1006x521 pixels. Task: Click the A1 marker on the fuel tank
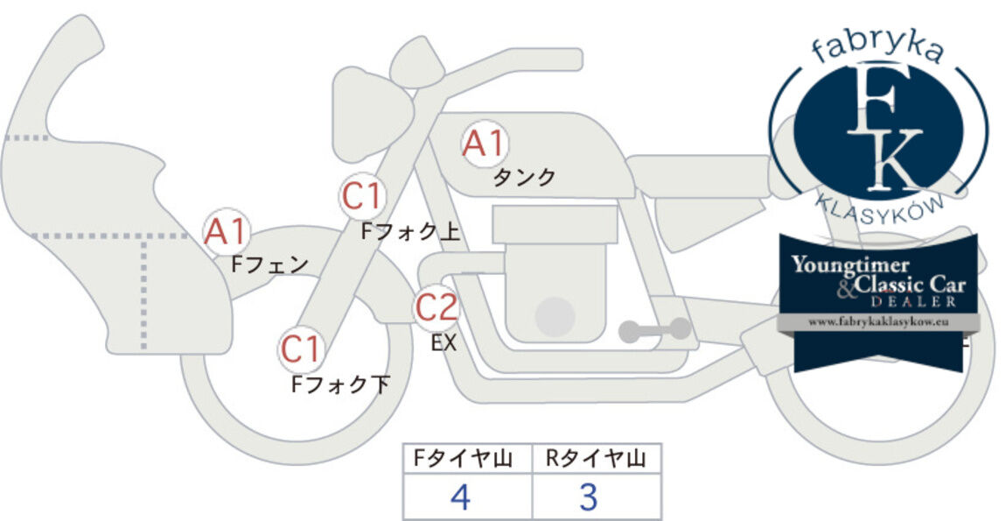[x=485, y=144]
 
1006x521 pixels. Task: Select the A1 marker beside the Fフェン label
[x=225, y=232]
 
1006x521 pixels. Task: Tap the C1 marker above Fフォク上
[x=362, y=197]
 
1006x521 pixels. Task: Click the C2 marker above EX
[x=437, y=307]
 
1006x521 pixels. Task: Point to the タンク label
[x=523, y=177]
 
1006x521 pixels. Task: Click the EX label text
[x=444, y=343]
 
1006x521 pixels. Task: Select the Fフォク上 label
[x=410, y=231]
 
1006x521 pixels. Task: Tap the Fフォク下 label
[x=340, y=384]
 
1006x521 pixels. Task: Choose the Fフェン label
[x=269, y=264]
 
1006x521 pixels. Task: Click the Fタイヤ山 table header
[x=463, y=459]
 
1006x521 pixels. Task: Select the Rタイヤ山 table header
[x=596, y=459]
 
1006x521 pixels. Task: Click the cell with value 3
[x=597, y=496]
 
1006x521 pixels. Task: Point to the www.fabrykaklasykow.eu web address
[x=878, y=322]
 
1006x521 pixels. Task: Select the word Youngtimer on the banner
[x=850, y=265]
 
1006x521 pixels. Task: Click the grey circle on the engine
[x=555, y=317]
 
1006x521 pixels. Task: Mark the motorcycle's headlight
[x=370, y=114]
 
